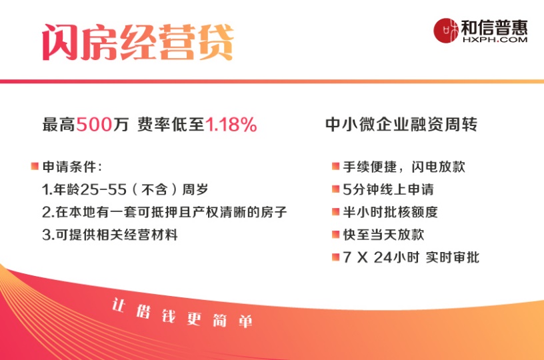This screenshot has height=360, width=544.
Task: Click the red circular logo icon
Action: click(x=446, y=31)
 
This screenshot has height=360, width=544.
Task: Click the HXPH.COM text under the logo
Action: click(x=495, y=39)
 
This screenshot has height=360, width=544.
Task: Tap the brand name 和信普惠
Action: click(x=495, y=27)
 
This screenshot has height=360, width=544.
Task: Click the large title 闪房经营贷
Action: click(x=138, y=42)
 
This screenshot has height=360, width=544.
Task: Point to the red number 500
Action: click(x=94, y=124)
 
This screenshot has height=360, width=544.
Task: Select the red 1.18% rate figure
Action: click(x=231, y=124)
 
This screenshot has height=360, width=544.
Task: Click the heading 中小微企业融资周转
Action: click(x=401, y=124)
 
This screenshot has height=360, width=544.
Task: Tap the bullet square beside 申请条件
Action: click(x=35, y=166)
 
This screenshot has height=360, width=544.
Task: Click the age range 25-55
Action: click(x=103, y=189)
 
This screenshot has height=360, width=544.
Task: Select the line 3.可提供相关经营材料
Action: click(x=110, y=235)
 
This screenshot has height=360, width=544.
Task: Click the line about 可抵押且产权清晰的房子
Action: click(x=165, y=212)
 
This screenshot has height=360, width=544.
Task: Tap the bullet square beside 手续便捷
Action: click(x=335, y=166)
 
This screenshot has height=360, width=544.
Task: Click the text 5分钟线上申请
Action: click(x=388, y=189)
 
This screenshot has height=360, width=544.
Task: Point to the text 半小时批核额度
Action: click(x=390, y=212)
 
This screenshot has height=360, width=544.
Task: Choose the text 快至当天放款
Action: click(x=383, y=235)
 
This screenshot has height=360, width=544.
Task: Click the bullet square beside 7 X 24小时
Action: click(x=335, y=257)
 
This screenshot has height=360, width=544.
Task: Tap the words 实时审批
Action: click(x=453, y=257)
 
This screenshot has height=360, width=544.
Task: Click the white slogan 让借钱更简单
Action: click(x=182, y=313)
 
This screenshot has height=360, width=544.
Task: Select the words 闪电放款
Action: click(x=438, y=167)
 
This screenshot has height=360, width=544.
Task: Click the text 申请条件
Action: click(x=69, y=167)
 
